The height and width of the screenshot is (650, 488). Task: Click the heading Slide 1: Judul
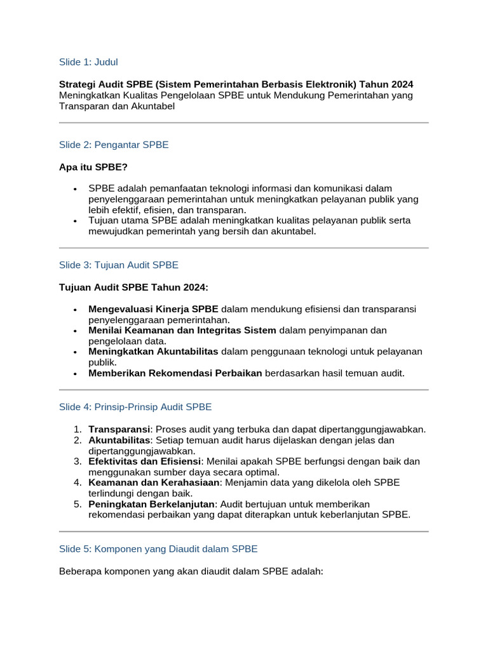click(88, 62)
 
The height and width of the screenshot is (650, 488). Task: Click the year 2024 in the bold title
click(402, 84)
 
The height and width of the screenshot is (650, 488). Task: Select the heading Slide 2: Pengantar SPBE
click(114, 145)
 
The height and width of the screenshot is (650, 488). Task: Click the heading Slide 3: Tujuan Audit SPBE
click(119, 265)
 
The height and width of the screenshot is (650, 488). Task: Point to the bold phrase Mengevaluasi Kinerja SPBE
click(153, 309)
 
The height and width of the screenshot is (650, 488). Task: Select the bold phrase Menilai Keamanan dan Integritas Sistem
click(182, 330)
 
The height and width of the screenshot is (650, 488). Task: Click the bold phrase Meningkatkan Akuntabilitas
click(153, 352)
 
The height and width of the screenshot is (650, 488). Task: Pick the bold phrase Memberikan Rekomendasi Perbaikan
click(175, 373)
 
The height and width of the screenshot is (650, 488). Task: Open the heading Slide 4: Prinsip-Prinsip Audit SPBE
click(135, 407)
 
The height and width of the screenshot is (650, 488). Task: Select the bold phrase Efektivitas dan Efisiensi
click(145, 461)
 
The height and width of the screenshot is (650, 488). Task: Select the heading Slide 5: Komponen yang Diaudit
click(158, 548)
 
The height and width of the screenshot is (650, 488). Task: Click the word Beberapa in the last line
click(81, 571)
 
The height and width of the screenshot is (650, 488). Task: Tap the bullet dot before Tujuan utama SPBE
click(75, 221)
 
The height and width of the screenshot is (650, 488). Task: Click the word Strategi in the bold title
click(79, 84)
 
